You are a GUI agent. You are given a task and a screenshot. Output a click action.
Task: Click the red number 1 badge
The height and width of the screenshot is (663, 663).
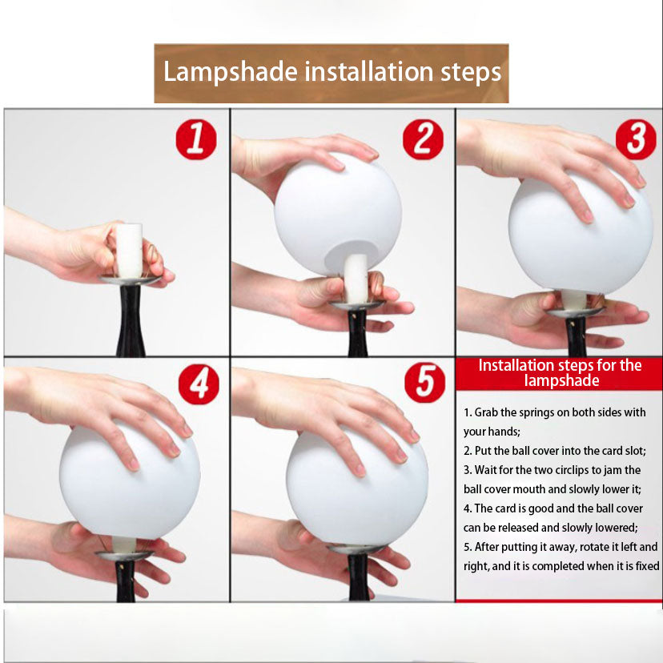point(195,139)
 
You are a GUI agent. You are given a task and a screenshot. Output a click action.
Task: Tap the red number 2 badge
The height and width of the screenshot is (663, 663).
point(423,139)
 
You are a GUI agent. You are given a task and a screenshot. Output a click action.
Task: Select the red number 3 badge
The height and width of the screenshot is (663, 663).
point(636,139)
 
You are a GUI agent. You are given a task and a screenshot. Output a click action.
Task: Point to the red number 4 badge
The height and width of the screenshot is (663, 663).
point(199,384)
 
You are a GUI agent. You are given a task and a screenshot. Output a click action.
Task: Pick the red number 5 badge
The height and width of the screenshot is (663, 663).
point(424,382)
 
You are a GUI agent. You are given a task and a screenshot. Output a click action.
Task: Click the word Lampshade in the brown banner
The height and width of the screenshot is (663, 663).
point(231,71)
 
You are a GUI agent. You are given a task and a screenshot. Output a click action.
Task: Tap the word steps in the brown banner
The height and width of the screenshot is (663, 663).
point(471,72)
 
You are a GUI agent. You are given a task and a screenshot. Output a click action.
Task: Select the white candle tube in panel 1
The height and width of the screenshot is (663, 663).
point(129,251)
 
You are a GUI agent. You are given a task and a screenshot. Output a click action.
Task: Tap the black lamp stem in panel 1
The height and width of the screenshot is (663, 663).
point(131,320)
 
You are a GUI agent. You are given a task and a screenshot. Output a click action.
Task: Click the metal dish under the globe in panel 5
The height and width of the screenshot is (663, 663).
point(356,548)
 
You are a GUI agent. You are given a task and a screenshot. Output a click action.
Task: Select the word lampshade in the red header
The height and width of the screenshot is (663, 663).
point(561,380)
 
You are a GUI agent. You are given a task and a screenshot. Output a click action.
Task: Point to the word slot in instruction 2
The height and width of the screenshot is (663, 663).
point(634,451)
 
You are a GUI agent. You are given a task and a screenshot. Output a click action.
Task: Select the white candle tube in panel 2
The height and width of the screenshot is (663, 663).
point(356,278)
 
